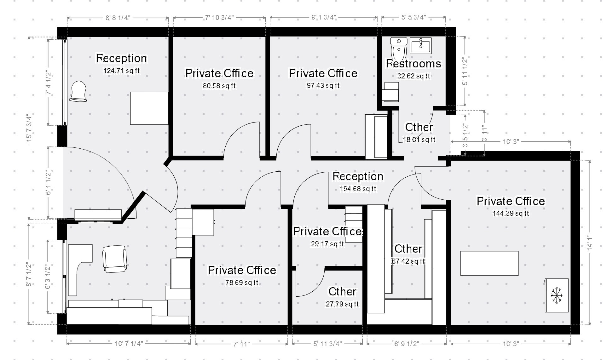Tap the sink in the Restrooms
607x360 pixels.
pyautogui.click(x=421, y=45)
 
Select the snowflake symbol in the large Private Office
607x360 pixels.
pyautogui.click(x=557, y=295)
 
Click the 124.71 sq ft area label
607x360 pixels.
pyautogui.click(x=121, y=71)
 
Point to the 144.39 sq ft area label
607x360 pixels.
pyautogui.click(x=511, y=214)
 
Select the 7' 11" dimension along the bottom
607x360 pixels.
pyautogui.click(x=241, y=344)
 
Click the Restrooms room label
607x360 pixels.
pyautogui.click(x=413, y=64)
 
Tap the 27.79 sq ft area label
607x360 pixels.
pyautogui.click(x=342, y=304)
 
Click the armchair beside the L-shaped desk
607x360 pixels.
pyautogui.click(x=115, y=259)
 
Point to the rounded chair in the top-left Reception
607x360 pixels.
pyautogui.click(x=78, y=91)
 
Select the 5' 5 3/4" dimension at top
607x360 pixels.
pyautogui.click(x=413, y=17)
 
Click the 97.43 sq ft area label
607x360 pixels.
pyautogui.click(x=323, y=86)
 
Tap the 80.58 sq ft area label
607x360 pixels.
pyautogui.click(x=219, y=86)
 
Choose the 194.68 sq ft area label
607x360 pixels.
pyautogui.click(x=358, y=189)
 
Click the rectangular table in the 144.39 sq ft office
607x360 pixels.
pyautogui.click(x=489, y=263)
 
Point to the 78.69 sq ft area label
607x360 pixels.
pyautogui.click(x=242, y=283)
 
